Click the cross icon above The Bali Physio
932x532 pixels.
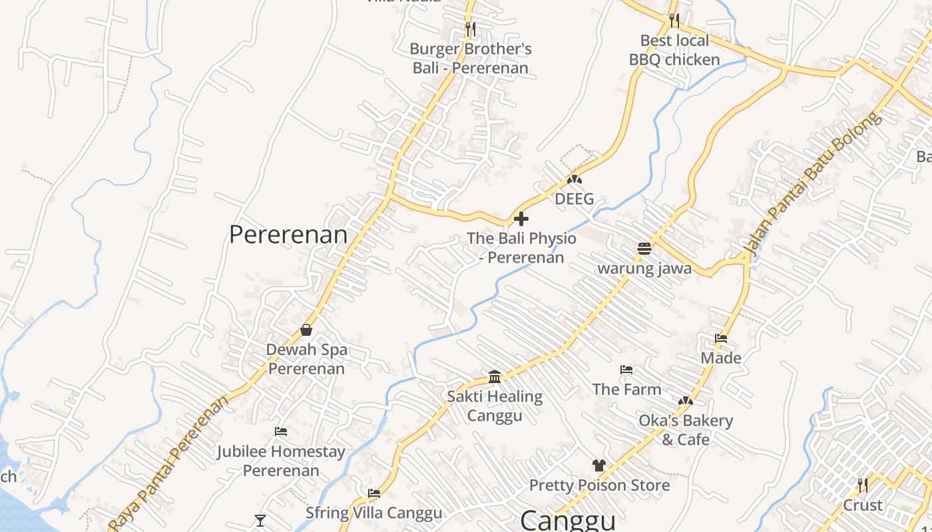[x=521, y=218]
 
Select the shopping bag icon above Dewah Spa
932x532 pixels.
[x=306, y=329]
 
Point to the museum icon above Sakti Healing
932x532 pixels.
[x=495, y=376]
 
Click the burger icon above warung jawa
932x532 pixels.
[x=644, y=249]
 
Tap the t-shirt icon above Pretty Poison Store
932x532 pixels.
[x=599, y=465]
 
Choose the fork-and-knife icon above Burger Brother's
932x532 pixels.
[x=471, y=29]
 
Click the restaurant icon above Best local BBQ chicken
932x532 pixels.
[x=674, y=20]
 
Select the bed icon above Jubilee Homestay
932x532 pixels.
[x=281, y=432]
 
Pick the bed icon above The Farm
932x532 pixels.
[x=626, y=370]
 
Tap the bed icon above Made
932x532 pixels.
[x=721, y=338]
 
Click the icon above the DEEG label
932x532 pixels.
[x=574, y=180]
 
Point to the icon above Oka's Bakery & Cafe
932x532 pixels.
[x=685, y=401]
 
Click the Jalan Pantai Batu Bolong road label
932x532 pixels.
[x=813, y=186]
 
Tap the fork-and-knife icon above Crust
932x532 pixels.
[x=863, y=485]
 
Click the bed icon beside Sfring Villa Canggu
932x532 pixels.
[x=374, y=493]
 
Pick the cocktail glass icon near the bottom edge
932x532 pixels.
[x=260, y=520]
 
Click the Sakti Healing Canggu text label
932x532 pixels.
[x=495, y=406]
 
